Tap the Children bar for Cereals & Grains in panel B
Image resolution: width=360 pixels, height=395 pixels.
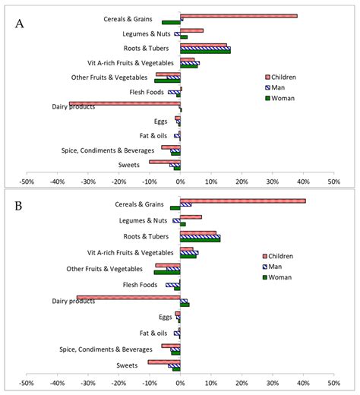pyautogui.click(x=242, y=201)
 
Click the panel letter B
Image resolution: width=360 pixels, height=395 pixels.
pyautogui.click(x=20, y=207)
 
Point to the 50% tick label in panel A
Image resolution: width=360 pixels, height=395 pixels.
pyautogui.click(x=333, y=182)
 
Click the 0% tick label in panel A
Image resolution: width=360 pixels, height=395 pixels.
pyautogui.click(x=180, y=182)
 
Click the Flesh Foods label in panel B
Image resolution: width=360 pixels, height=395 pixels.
pyautogui.click(x=140, y=285)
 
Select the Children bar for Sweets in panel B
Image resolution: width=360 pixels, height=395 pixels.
pyautogui.click(x=164, y=362)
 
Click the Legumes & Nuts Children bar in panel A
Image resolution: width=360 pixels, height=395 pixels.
pyautogui.click(x=191, y=30)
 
